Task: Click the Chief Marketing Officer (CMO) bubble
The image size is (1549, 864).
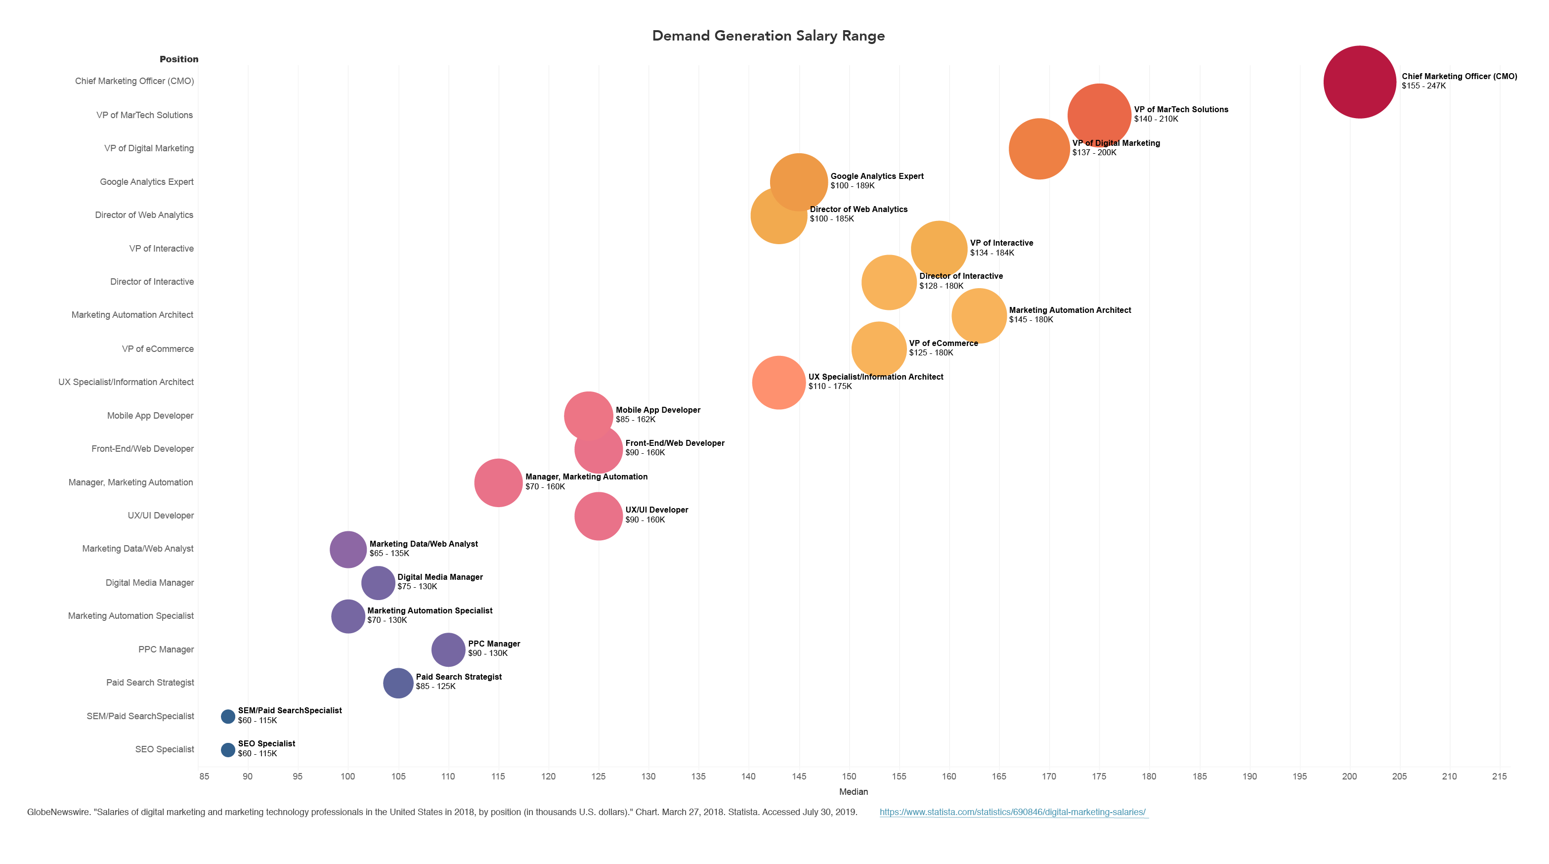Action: coord(1359,82)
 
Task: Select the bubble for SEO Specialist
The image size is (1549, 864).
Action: coord(228,750)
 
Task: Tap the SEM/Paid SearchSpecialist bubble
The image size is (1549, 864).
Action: coord(228,716)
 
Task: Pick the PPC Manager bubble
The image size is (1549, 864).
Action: coord(448,649)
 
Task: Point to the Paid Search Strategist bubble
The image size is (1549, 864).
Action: coord(398,683)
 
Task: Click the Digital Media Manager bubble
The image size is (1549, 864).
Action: coord(378,583)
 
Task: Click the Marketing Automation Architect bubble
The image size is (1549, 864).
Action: coord(979,316)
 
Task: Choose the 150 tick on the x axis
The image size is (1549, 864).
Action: coord(849,776)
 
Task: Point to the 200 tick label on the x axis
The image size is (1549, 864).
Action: coord(1349,776)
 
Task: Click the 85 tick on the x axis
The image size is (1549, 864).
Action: coord(205,776)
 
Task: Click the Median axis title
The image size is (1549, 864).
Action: coord(853,792)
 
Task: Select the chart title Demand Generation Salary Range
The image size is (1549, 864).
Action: coord(768,36)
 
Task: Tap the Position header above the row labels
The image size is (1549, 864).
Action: coord(178,59)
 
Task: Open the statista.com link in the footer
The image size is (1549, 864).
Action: coord(1013,812)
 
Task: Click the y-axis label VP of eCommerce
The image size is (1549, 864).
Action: coord(158,349)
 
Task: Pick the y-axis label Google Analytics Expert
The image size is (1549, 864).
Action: coord(147,181)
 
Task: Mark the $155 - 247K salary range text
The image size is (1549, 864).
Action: coord(1423,86)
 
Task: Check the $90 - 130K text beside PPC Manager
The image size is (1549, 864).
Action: coord(488,653)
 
